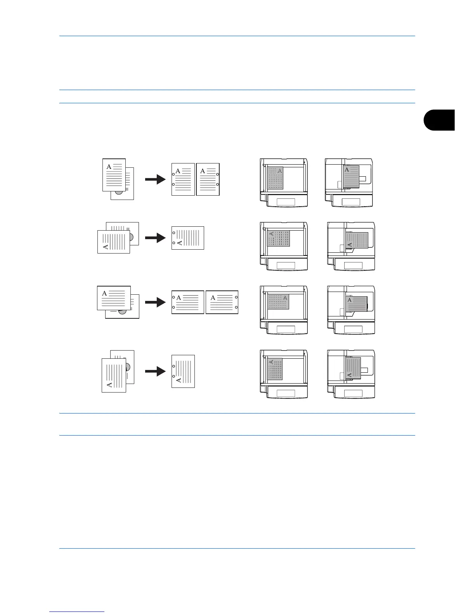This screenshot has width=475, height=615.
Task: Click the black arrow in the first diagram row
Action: pos(155,179)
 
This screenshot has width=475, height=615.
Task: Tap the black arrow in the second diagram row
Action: pos(155,238)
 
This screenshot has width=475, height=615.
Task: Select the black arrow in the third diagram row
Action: pos(155,302)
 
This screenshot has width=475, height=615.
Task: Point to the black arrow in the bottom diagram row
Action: pos(155,372)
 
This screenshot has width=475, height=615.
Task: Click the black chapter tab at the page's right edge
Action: pos(439,120)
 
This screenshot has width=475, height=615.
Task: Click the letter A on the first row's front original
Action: pos(109,167)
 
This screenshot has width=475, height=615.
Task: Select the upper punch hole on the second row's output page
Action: pos(174,233)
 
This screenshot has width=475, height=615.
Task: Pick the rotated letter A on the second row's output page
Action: pos(179,243)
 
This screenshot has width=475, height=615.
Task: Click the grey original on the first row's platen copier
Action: pos(275,178)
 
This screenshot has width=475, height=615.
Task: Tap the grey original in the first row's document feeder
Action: pos(352,177)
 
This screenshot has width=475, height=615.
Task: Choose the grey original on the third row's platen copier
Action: pos(278,302)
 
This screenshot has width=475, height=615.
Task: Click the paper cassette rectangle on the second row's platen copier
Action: pos(286,266)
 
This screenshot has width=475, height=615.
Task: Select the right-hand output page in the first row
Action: pos(208,179)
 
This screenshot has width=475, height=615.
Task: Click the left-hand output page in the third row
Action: pos(188,302)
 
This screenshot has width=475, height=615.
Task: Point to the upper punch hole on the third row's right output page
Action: pos(236,297)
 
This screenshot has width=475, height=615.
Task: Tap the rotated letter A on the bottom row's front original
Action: pos(109,384)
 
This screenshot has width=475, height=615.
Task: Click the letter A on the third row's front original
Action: pos(104,294)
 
